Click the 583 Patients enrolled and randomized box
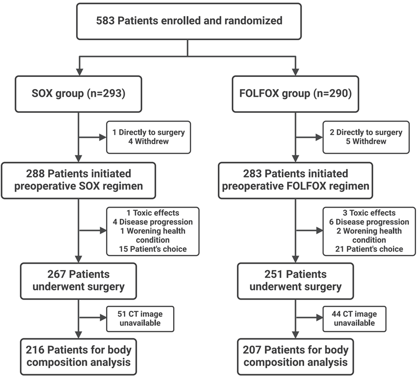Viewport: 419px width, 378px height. (x=189, y=21)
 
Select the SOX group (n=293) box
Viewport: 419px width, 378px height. (x=78, y=94)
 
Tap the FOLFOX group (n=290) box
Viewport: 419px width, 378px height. (x=295, y=94)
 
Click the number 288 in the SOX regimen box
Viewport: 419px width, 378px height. (x=35, y=174)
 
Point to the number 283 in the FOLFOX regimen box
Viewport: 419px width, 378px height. (x=252, y=174)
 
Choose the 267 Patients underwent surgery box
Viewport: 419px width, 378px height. (x=78, y=281)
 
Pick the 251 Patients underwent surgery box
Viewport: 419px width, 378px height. (x=295, y=281)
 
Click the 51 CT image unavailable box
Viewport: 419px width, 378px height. (x=140, y=319)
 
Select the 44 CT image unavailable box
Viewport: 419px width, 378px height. (x=355, y=319)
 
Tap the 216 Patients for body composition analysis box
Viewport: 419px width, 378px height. (x=78, y=357)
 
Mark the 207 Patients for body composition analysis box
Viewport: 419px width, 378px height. (x=295, y=357)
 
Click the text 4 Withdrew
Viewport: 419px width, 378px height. (x=148, y=141)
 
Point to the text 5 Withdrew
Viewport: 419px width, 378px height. (x=366, y=141)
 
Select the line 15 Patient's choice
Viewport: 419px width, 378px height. (x=153, y=249)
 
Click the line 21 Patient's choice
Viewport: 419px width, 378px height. (x=369, y=249)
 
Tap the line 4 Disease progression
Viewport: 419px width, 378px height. (x=153, y=222)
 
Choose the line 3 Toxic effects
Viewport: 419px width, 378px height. (x=369, y=213)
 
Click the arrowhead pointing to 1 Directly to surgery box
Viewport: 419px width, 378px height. (x=103, y=137)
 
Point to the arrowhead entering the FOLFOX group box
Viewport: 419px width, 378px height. (x=295, y=72)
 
